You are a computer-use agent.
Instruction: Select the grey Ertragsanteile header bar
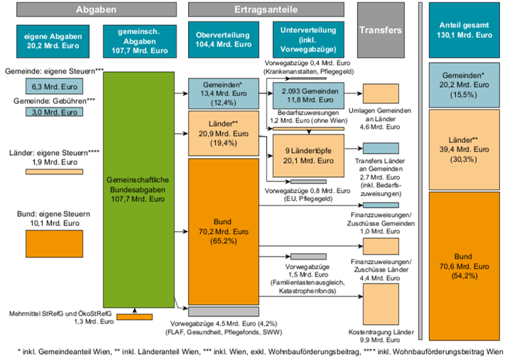(265, 10)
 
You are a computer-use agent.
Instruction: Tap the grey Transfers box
(380, 30)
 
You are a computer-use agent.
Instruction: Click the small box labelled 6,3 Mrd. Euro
(52, 87)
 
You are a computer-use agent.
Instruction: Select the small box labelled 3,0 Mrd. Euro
(52, 112)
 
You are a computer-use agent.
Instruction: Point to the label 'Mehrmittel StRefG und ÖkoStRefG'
(60, 312)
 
